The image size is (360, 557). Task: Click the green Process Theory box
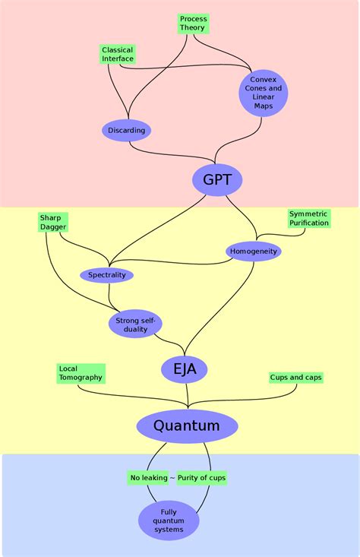(192, 23)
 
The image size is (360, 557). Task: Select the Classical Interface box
(118, 54)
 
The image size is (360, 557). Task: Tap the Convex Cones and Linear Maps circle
(264, 93)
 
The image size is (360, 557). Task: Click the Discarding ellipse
(126, 130)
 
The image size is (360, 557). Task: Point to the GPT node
(217, 180)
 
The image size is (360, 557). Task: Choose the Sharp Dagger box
(54, 222)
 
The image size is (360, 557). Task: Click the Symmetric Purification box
(309, 218)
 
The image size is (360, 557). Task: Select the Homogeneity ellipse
(253, 251)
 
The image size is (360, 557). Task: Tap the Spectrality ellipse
(106, 274)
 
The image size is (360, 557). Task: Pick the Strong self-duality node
(136, 324)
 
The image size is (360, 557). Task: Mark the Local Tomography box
(81, 373)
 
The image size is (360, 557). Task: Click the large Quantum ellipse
(187, 426)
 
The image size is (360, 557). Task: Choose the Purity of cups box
(201, 478)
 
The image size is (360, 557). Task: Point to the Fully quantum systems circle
(169, 521)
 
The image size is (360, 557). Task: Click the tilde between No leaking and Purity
(172, 478)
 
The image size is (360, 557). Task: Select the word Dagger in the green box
(54, 227)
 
